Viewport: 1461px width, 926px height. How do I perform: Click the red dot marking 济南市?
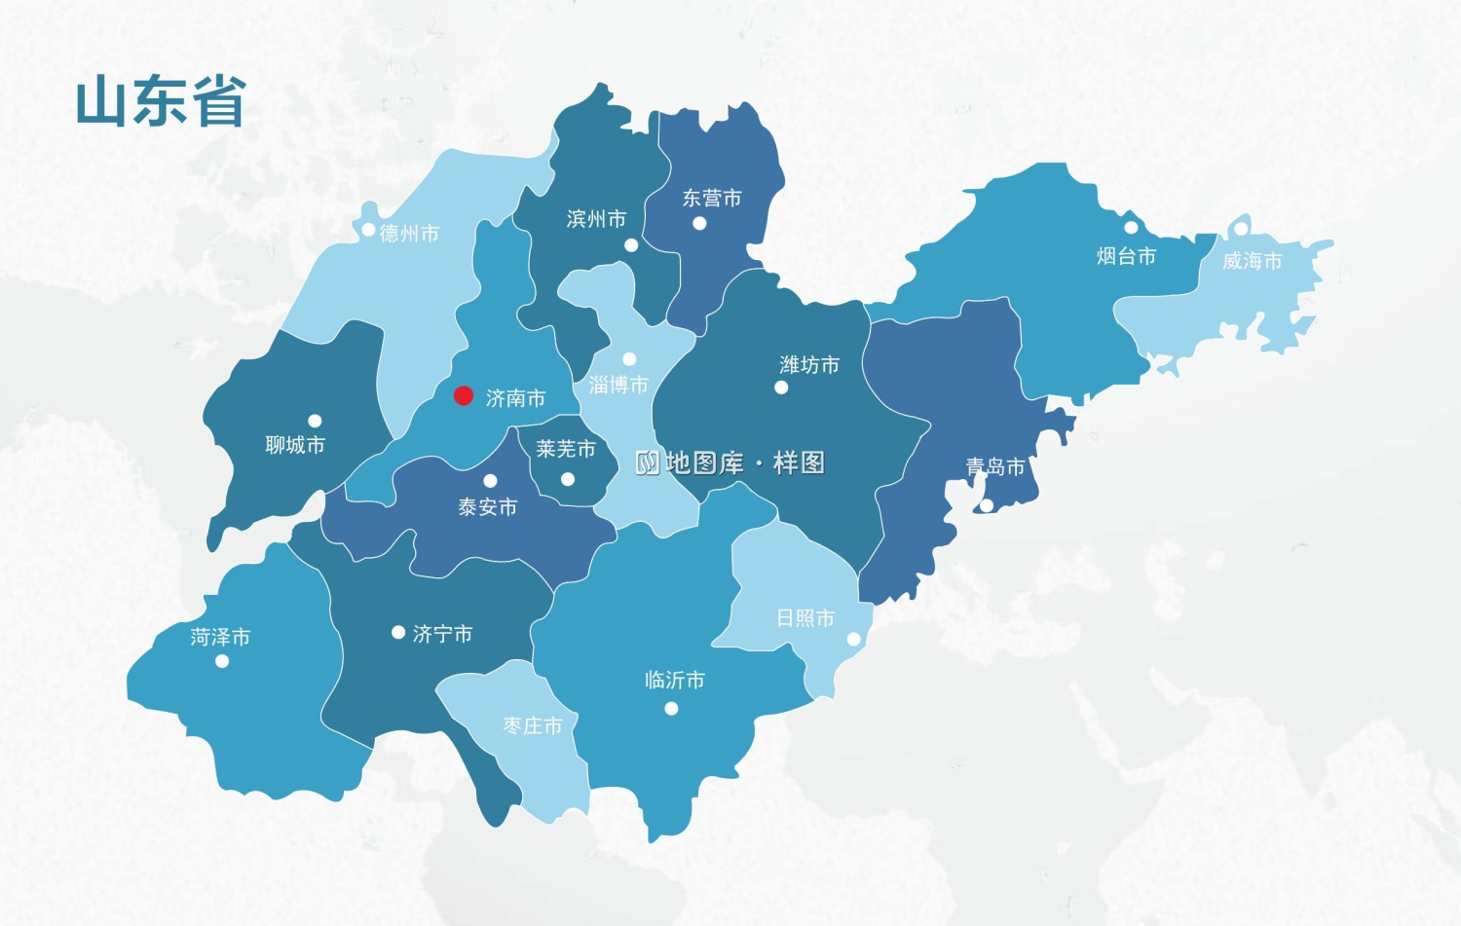coord(464,395)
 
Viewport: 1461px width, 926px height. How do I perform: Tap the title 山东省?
coord(161,102)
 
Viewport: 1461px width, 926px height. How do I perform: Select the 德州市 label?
coord(409,234)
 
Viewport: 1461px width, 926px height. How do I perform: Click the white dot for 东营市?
coord(699,223)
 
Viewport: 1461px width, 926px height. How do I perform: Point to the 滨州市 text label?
coord(596,219)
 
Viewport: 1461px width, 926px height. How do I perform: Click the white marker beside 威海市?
coord(1241,229)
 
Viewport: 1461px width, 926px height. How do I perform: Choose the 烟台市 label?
coord(1126,256)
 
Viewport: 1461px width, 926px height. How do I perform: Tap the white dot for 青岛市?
coord(987,505)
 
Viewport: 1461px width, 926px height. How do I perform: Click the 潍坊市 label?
coord(809,365)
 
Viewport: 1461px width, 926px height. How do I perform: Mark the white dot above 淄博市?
coord(629,359)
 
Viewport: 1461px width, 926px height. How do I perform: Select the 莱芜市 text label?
coord(565,449)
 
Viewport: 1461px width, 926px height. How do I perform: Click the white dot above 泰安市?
coord(490,481)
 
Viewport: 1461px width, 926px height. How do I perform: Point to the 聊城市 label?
coord(295,445)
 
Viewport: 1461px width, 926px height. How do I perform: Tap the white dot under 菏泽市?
coord(222,661)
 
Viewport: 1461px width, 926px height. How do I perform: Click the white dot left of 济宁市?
coord(397,633)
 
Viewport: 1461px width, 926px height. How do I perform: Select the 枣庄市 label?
coord(532,726)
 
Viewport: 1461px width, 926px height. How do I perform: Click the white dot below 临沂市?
coord(671,709)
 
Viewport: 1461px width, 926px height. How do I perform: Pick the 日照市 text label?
coord(805,618)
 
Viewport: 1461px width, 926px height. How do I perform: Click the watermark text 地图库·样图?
coord(730,463)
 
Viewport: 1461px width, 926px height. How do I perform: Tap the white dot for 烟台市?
coord(1131,228)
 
